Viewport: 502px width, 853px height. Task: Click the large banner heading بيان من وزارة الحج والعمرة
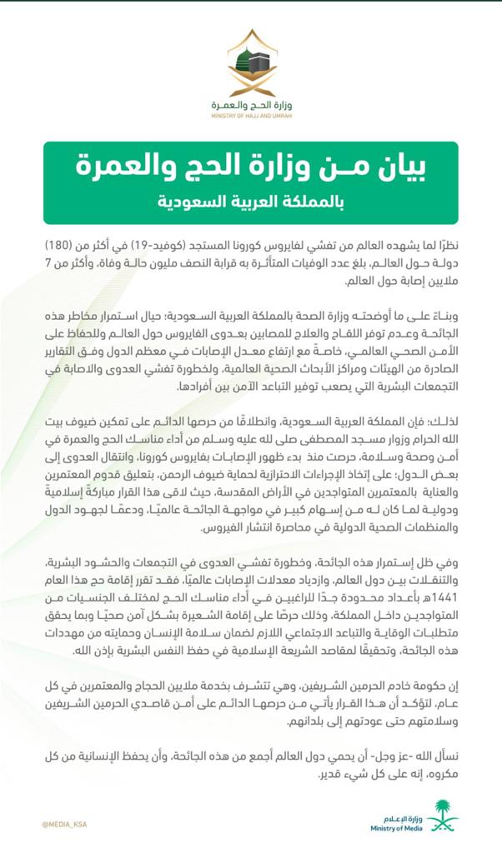251,166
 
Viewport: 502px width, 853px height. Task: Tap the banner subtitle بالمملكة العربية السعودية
251,202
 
